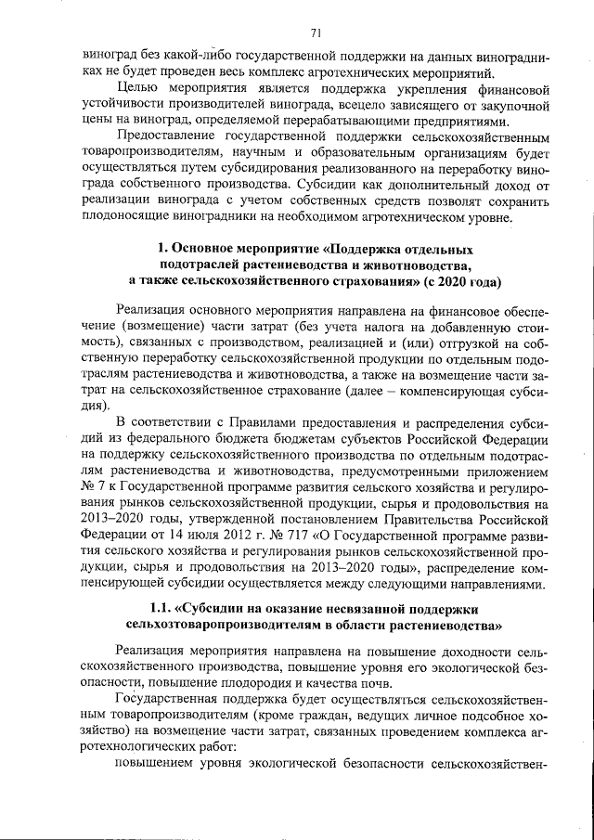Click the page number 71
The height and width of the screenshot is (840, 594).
click(x=316, y=34)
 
